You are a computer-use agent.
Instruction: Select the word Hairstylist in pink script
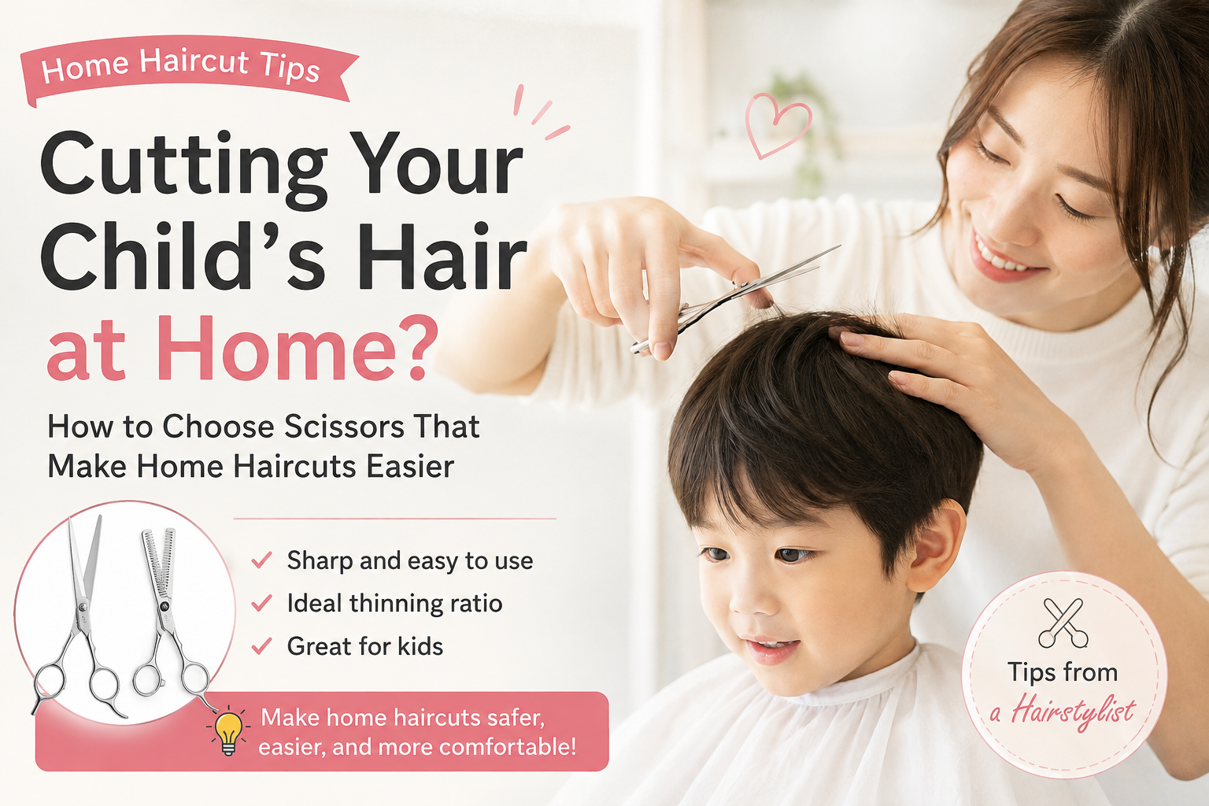pos(1074,711)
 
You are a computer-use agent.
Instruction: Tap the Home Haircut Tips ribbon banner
pos(189,69)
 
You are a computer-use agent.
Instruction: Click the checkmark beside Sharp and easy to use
pos(262,560)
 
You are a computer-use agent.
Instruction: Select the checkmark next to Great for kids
pos(262,645)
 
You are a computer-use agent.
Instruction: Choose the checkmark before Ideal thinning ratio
pos(262,602)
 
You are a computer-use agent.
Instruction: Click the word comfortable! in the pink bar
pos(508,747)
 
